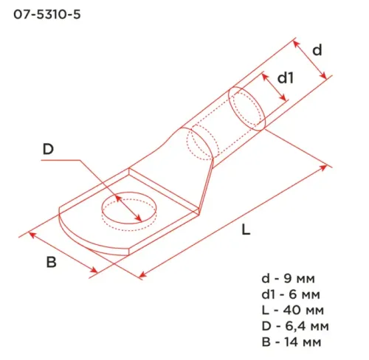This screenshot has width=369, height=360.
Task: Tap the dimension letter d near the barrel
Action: tap(317, 50)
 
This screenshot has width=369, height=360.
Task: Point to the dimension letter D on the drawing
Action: tap(48, 149)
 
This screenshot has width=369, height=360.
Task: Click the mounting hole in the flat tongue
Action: tap(129, 210)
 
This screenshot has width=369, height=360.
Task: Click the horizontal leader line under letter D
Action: tap(59, 164)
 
